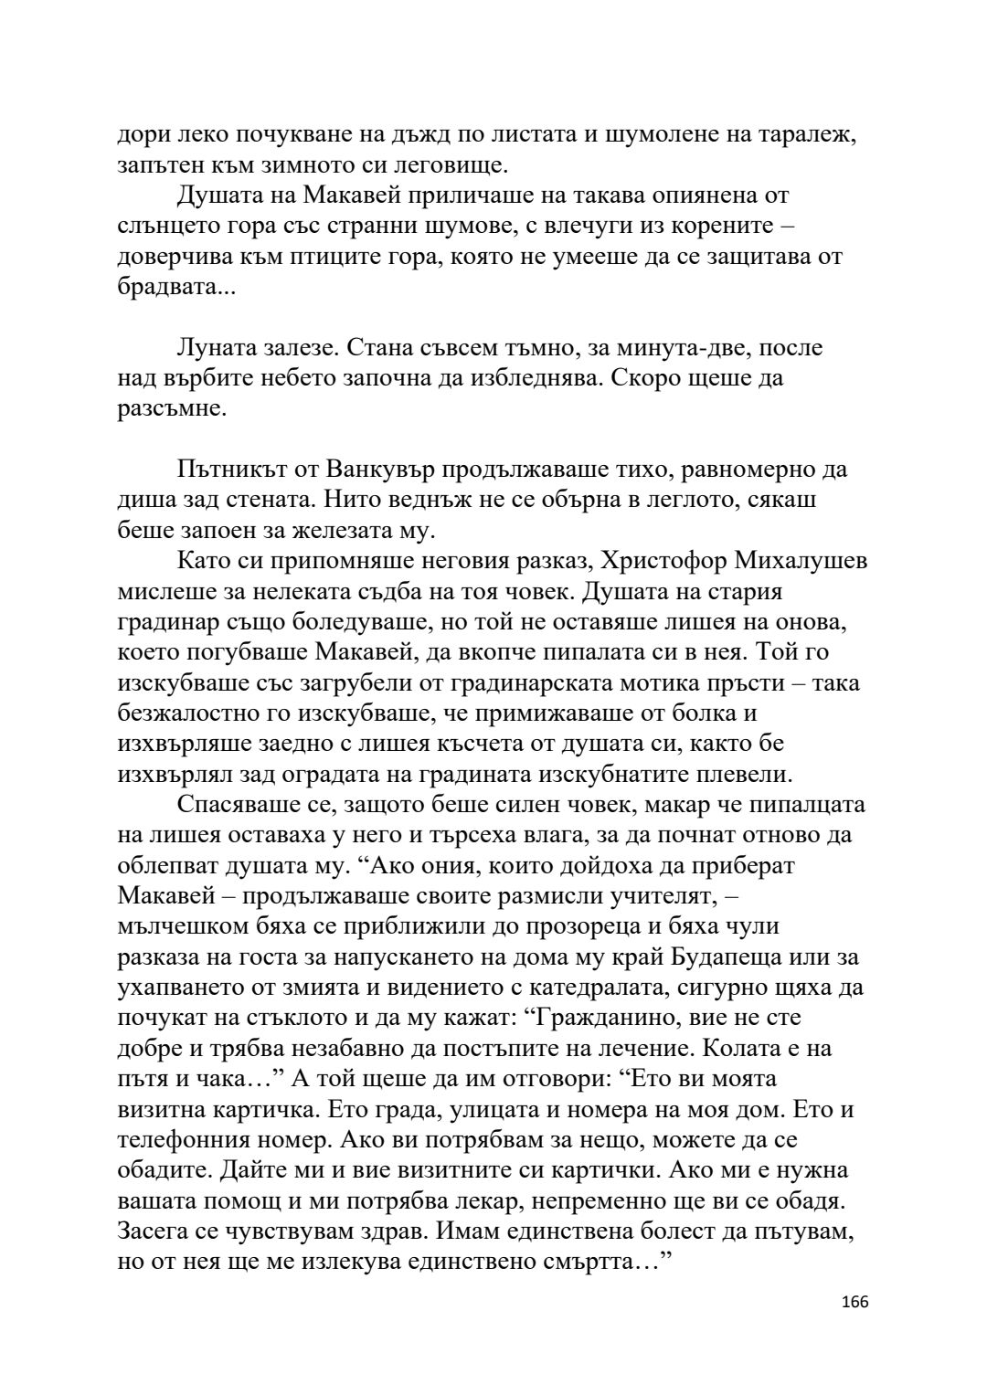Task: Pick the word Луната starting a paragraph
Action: point(218,348)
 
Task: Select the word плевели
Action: point(742,775)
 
